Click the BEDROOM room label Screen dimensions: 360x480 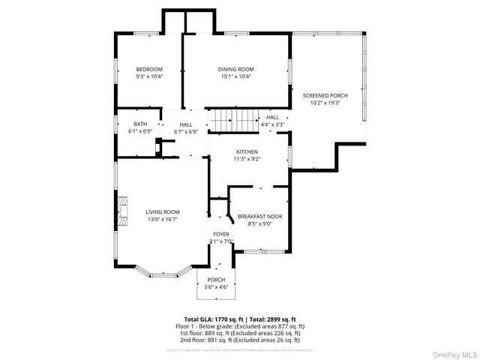tap(149, 69)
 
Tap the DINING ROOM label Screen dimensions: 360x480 tap(235, 69)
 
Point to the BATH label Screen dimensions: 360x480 tap(140, 124)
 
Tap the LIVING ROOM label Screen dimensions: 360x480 tap(162, 212)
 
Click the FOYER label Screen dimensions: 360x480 tap(221, 234)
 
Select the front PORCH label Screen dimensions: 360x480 tap(216, 280)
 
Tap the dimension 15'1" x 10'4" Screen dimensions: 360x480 tap(235, 76)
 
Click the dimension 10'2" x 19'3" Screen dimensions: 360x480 tap(325, 103)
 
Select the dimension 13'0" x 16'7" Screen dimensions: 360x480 tap(162, 220)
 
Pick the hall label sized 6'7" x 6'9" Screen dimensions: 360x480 tap(185, 127)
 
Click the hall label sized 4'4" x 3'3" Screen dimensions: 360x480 tap(272, 121)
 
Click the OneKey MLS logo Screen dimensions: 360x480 tap(454, 352)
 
